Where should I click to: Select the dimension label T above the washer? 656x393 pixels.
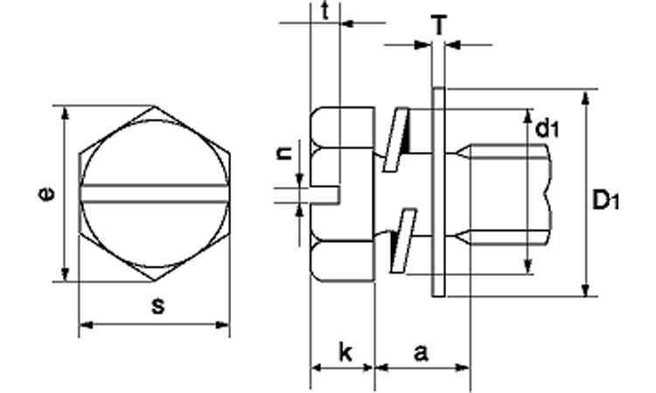(x=442, y=25)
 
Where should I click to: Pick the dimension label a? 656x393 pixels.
(x=421, y=353)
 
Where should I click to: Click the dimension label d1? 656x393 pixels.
(x=548, y=129)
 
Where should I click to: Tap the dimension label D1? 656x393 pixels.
(x=605, y=201)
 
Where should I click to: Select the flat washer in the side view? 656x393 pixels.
(x=438, y=192)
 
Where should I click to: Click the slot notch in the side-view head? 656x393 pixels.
(x=325, y=193)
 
